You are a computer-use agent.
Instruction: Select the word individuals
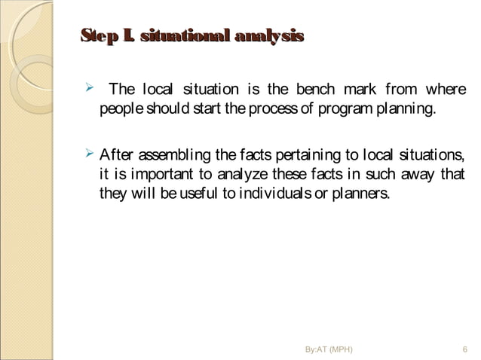pyautogui.click(x=277, y=194)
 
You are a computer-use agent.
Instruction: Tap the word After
pyautogui.click(x=115, y=156)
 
